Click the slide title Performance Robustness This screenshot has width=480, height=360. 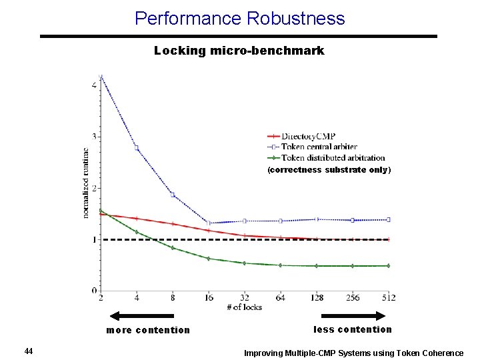coord(239,18)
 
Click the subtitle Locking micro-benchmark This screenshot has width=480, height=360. coord(239,51)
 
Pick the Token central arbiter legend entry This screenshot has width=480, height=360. coord(319,147)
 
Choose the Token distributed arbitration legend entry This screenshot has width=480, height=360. coord(333,158)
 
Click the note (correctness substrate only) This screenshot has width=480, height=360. coord(329,170)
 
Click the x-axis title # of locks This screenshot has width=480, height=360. coord(244,307)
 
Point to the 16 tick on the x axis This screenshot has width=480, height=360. coord(209,298)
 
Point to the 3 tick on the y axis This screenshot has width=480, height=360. coord(94,137)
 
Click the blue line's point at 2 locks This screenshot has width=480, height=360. coord(101,77)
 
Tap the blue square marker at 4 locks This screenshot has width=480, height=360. coord(137,148)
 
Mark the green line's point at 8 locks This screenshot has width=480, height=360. coord(173,248)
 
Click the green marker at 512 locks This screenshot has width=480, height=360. coord(388,265)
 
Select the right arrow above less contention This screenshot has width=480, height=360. coord(353,315)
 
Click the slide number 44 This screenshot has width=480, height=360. coord(28,351)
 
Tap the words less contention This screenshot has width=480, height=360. coord(353,329)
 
